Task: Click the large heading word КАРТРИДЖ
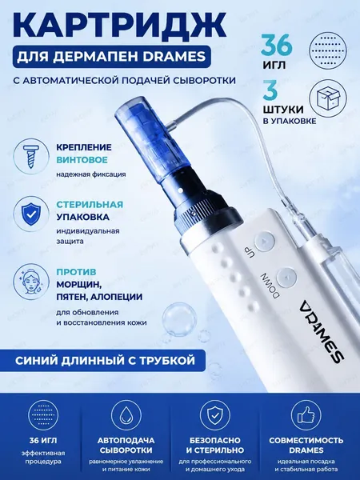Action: [x=118, y=26]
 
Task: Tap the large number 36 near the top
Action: [x=277, y=45]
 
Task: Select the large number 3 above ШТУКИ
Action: [x=270, y=90]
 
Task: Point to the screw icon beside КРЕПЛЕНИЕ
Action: [x=31, y=157]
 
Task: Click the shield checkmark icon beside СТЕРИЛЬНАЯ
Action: [x=31, y=214]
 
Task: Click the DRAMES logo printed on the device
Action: [x=322, y=331]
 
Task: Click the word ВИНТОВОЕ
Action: [x=82, y=160]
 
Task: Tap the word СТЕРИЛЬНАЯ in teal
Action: [x=90, y=205]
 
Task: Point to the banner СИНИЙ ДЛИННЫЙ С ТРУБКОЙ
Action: [x=105, y=360]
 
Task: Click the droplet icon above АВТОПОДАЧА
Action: [x=126, y=415]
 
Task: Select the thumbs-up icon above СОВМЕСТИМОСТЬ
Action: [x=306, y=415]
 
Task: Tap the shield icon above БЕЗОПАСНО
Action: [x=215, y=415]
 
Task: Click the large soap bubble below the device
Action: [x=179, y=319]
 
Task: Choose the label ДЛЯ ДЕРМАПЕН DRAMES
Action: [x=111, y=57]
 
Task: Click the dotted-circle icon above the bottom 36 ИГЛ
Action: [x=43, y=415]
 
